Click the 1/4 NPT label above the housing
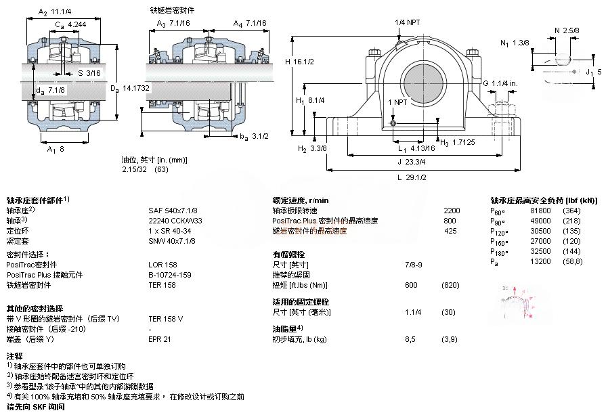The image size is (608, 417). pos(408,22)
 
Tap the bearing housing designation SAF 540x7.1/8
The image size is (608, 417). pos(173,211)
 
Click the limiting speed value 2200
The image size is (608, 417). pos(451,211)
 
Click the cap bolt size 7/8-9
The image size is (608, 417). pos(413,264)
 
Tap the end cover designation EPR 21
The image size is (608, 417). pos(160,338)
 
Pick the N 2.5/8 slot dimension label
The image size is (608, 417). pos(567,30)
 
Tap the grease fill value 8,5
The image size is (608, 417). pos(409,338)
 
